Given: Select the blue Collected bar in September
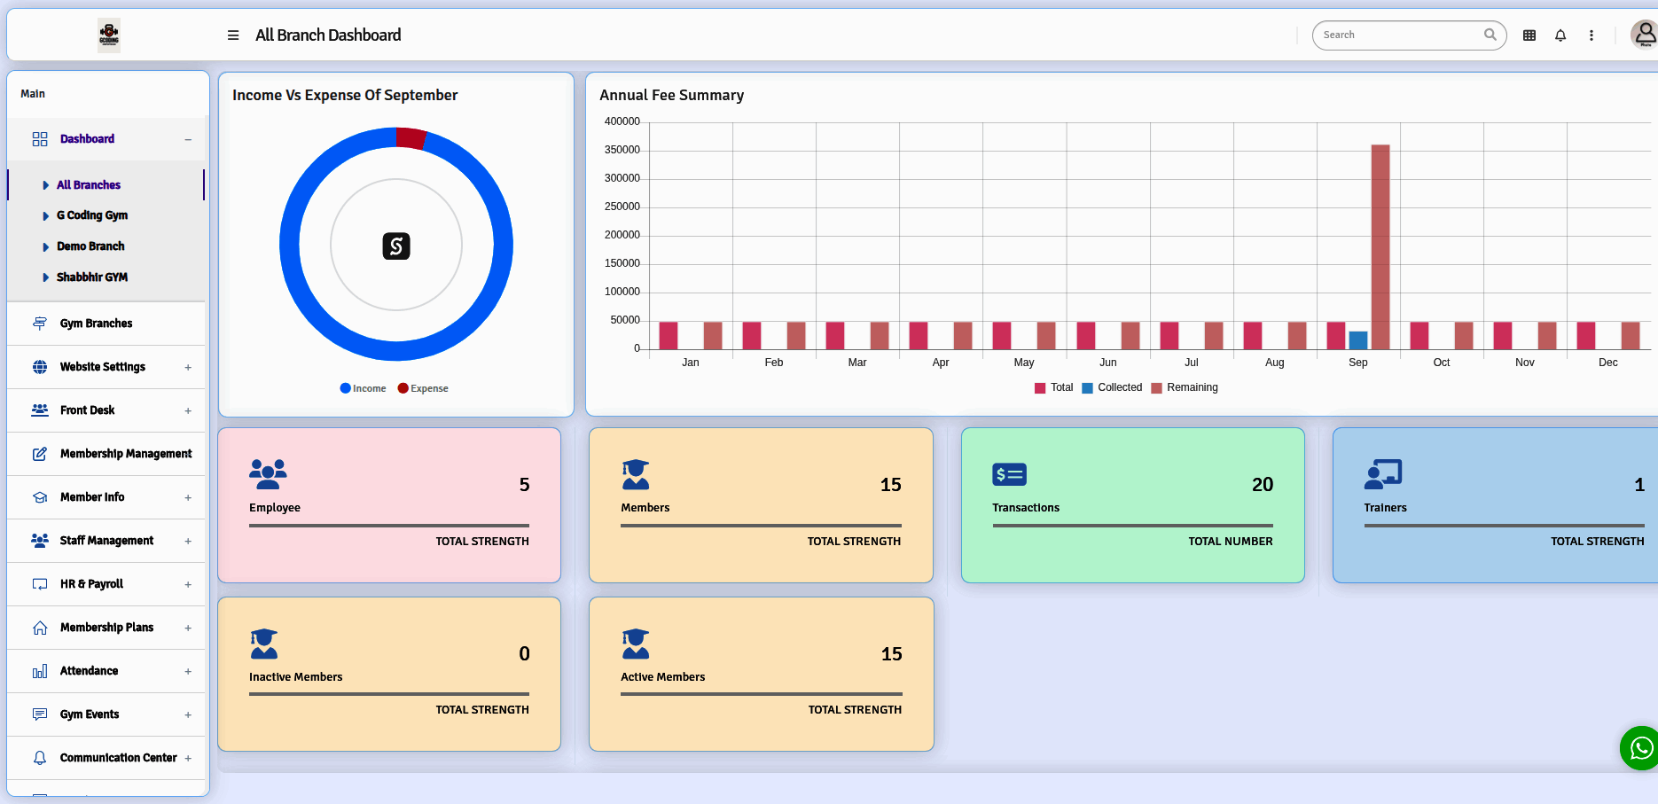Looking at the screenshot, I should pyautogui.click(x=1357, y=340).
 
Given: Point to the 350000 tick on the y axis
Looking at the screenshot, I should pyautogui.click(x=622, y=150).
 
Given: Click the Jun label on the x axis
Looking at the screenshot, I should pyautogui.click(x=1107, y=363).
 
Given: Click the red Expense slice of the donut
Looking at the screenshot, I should pyautogui.click(x=411, y=137).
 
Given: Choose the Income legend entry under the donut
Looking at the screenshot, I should pyautogui.click(x=364, y=388).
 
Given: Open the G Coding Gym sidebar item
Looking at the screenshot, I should pyautogui.click(x=92, y=215).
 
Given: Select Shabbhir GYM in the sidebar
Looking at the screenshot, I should pyautogui.click(x=92, y=277).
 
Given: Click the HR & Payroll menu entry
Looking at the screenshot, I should pyautogui.click(x=91, y=584).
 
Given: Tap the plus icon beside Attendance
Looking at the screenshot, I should pyautogui.click(x=188, y=672).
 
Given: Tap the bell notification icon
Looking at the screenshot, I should pyautogui.click(x=1560, y=35).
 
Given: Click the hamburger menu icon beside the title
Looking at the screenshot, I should pyautogui.click(x=233, y=35).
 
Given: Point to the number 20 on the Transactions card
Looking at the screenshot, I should pyautogui.click(x=1262, y=485).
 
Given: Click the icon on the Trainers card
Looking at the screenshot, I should pyautogui.click(x=1382, y=474).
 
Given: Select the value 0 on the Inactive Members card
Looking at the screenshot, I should pyautogui.click(x=524, y=654).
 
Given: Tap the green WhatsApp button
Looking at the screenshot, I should pyautogui.click(x=1640, y=748).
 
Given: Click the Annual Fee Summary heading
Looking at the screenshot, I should pyautogui.click(x=671, y=95).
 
